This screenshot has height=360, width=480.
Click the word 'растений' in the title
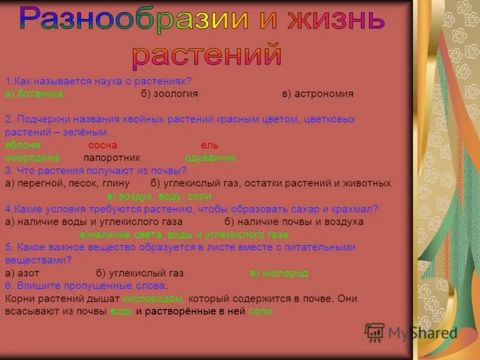click(207, 55)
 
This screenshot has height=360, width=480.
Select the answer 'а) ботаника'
click(34, 94)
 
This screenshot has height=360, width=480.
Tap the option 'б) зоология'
click(170, 94)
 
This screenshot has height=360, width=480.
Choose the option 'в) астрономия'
click(318, 94)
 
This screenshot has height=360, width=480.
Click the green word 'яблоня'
click(22, 145)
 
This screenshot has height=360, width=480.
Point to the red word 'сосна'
click(103, 145)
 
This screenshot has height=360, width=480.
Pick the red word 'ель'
click(209, 145)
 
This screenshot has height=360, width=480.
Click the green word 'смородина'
click(32, 158)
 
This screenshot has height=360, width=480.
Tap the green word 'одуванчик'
click(211, 158)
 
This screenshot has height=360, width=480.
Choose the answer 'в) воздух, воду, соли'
click(159, 196)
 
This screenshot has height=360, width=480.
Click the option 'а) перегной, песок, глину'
click(67, 184)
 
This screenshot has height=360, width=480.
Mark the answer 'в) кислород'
click(278, 273)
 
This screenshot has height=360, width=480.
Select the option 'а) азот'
click(22, 273)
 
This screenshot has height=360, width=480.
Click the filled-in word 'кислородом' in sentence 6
click(152, 298)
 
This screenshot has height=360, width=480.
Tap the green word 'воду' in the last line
click(121, 311)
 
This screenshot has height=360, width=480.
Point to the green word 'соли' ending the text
click(260, 311)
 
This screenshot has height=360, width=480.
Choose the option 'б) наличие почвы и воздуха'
click(294, 222)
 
